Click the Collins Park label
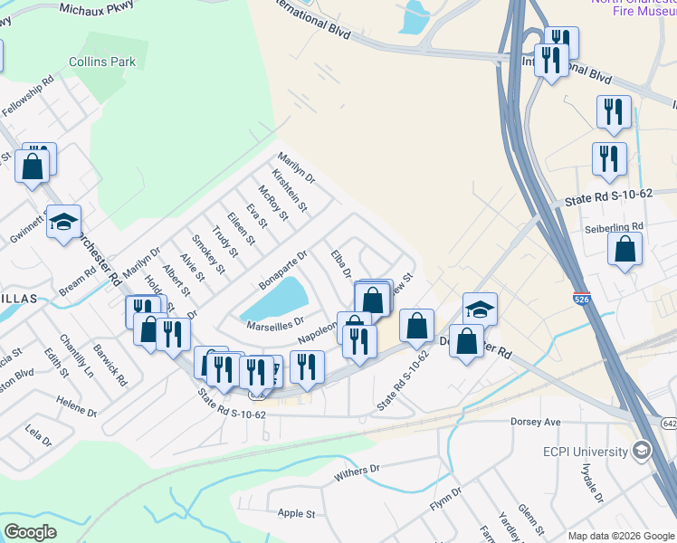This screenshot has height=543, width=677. click(102, 62)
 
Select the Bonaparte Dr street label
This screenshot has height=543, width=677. click(283, 270)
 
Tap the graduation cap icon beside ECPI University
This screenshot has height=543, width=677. click(641, 451)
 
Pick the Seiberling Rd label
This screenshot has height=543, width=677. click(613, 226)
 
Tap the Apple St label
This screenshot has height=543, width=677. click(296, 513)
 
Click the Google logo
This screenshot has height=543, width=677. click(31, 532)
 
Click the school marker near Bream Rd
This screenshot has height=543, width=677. click(63, 223)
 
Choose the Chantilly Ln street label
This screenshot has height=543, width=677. click(76, 359)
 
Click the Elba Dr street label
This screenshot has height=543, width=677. click(340, 265)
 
